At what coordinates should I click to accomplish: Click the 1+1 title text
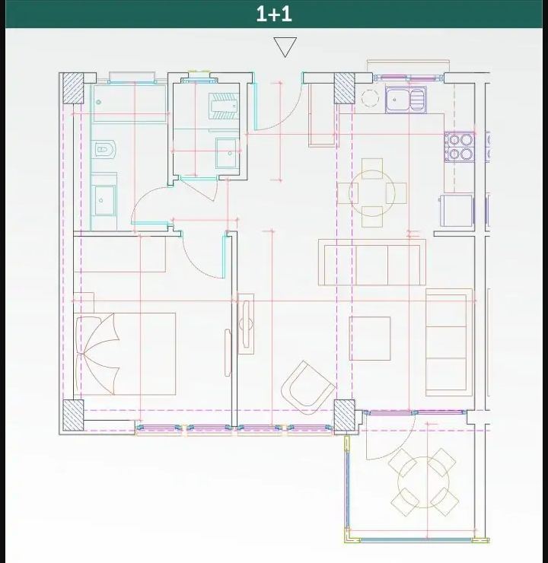[x=274, y=14]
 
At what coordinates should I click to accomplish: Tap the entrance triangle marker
[x=285, y=46]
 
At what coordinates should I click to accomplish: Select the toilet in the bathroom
[x=104, y=149]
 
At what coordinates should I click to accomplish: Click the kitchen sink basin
[x=406, y=100]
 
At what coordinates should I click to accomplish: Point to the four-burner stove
[x=460, y=146]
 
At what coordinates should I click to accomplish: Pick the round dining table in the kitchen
[x=371, y=193]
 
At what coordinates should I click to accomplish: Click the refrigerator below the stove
[x=457, y=211]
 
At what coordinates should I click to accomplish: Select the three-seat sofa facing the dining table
[x=372, y=262]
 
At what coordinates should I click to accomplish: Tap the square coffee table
[x=370, y=339]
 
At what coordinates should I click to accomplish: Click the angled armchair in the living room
[x=307, y=387]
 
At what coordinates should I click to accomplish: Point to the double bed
[x=125, y=354]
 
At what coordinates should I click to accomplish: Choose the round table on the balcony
[x=424, y=482]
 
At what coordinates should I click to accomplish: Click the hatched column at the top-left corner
[x=73, y=88]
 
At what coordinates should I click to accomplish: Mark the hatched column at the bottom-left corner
[x=73, y=415]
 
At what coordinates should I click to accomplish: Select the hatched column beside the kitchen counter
[x=344, y=88]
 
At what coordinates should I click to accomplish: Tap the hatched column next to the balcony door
[x=344, y=415]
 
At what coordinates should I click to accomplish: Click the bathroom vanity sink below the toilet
[x=104, y=199]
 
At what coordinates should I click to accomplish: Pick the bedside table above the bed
[x=84, y=302]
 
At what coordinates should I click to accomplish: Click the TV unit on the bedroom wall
[x=246, y=324]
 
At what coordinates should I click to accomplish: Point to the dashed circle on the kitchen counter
[x=370, y=97]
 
